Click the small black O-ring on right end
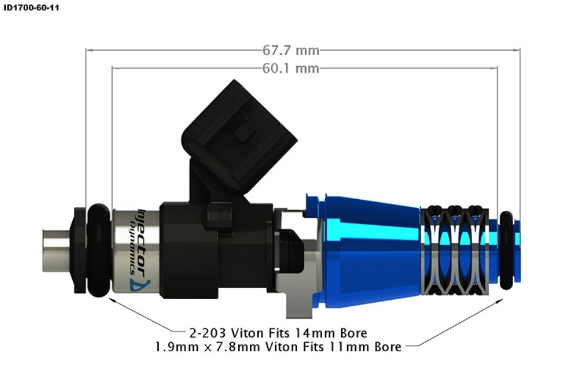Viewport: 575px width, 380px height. click(508, 250)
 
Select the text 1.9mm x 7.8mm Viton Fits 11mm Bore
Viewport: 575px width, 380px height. click(277, 348)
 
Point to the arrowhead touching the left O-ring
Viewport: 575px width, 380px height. click(111, 298)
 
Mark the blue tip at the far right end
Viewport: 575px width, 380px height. click(517, 250)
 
